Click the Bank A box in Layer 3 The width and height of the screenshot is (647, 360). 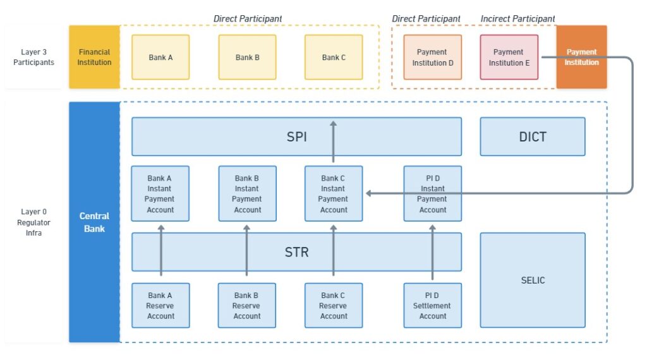point(160,57)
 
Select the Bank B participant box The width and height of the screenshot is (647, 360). point(247,57)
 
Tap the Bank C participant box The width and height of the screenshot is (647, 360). point(334,57)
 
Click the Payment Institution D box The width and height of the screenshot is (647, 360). point(432,57)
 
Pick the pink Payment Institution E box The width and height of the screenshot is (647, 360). point(509,57)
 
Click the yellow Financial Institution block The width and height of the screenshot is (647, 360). point(95,57)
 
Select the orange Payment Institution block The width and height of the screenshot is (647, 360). point(581,57)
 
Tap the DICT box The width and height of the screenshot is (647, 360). point(533,136)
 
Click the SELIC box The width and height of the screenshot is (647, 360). point(533,280)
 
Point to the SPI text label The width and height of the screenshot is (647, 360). point(297,136)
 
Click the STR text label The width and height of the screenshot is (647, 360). point(297,252)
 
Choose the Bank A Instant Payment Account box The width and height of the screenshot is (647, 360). point(160,193)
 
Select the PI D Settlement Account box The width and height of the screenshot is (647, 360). point(432,306)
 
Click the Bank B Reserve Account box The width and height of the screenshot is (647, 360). point(247,306)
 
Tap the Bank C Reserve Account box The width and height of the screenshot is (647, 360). point(334,306)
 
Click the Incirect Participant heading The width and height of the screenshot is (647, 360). point(517,18)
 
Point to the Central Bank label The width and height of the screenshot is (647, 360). point(94,222)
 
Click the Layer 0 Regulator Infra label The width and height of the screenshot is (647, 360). point(33,222)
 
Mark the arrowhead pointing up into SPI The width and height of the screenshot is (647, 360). point(334,123)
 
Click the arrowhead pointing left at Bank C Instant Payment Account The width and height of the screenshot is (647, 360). point(368,193)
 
